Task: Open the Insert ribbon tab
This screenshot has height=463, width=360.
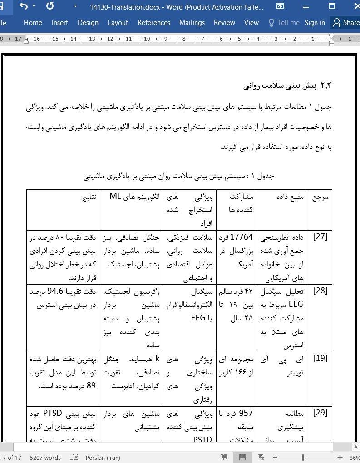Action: (x=59, y=23)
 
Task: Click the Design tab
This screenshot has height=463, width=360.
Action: (x=88, y=23)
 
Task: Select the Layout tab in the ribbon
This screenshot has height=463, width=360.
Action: (x=118, y=23)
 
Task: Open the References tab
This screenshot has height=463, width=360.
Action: (x=153, y=23)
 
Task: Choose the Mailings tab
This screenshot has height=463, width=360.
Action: (x=192, y=23)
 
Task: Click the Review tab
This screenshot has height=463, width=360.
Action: (x=224, y=23)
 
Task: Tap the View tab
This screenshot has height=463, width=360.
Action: (x=251, y=23)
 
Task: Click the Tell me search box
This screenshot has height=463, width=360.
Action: (x=284, y=23)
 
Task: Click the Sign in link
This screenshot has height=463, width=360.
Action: (x=315, y=23)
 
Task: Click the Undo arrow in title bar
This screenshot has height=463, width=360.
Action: (x=24, y=6)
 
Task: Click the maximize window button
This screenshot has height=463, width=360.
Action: (x=332, y=6)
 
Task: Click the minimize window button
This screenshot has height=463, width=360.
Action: (x=306, y=6)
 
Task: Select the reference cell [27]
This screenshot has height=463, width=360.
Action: (x=320, y=236)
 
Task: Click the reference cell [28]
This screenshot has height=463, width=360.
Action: (x=320, y=291)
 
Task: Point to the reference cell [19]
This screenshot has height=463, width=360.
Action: (x=320, y=358)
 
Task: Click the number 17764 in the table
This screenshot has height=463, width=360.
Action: (x=242, y=237)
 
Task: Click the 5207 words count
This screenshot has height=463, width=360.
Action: (x=45, y=458)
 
